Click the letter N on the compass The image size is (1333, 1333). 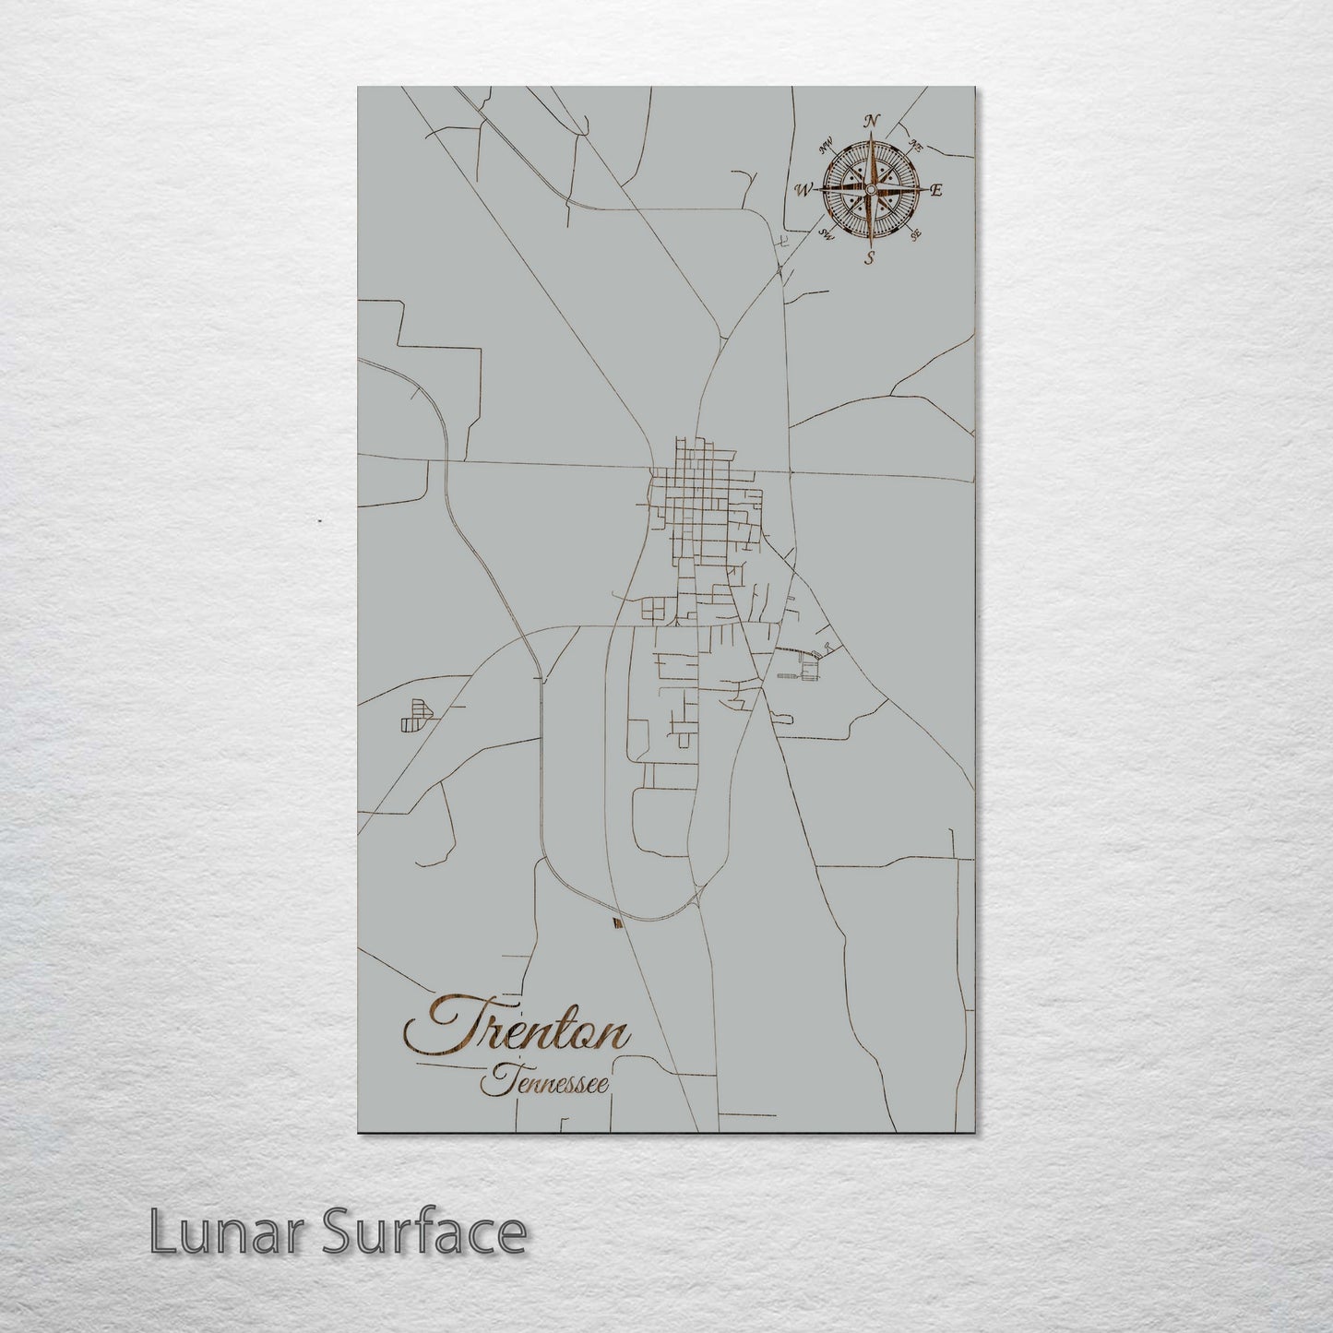point(870,121)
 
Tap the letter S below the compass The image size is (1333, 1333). point(869,258)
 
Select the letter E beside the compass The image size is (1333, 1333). point(935,191)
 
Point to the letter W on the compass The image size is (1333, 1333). point(803,190)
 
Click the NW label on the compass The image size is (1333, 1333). point(827,143)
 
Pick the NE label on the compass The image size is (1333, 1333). point(916,144)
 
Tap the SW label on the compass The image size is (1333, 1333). point(827,235)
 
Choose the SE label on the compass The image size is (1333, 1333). point(914,235)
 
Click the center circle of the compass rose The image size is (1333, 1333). point(869,189)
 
